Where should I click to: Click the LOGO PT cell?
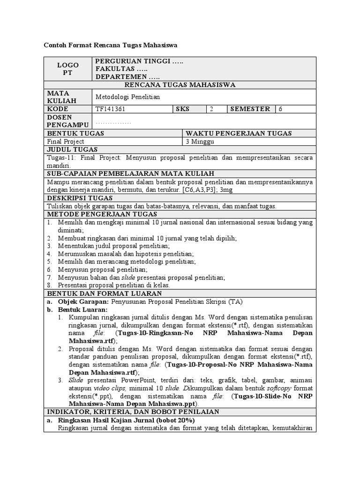point(68,69)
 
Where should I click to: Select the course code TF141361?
point(110,109)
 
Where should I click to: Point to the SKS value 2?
point(211,109)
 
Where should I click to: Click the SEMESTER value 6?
point(281,109)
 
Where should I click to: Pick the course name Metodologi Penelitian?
point(127,97)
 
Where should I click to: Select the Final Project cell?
point(66,141)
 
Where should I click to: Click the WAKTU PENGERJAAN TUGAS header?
point(239,134)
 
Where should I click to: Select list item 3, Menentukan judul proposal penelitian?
point(114,246)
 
